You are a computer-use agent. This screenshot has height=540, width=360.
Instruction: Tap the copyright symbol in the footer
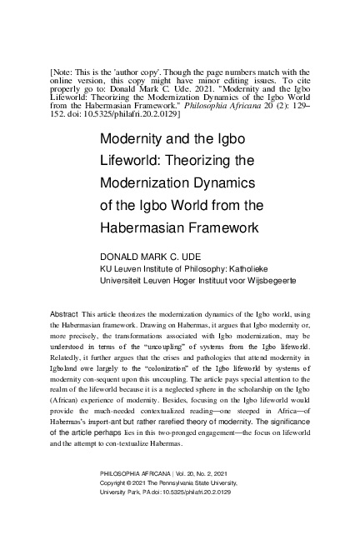(136, 483)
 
